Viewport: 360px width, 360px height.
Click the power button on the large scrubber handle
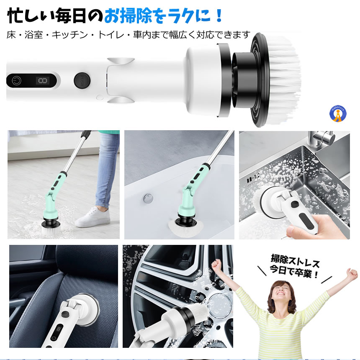(x=16, y=81)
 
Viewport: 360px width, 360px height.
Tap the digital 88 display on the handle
(x=42, y=81)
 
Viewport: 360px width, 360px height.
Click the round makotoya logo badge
(x=338, y=114)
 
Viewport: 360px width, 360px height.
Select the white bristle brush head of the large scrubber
(x=285, y=79)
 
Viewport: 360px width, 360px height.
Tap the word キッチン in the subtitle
(x=70, y=35)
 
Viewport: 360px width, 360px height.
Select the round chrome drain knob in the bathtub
(x=148, y=198)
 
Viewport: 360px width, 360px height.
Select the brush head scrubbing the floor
(x=51, y=226)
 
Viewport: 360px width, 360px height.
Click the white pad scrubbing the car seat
(x=85, y=309)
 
